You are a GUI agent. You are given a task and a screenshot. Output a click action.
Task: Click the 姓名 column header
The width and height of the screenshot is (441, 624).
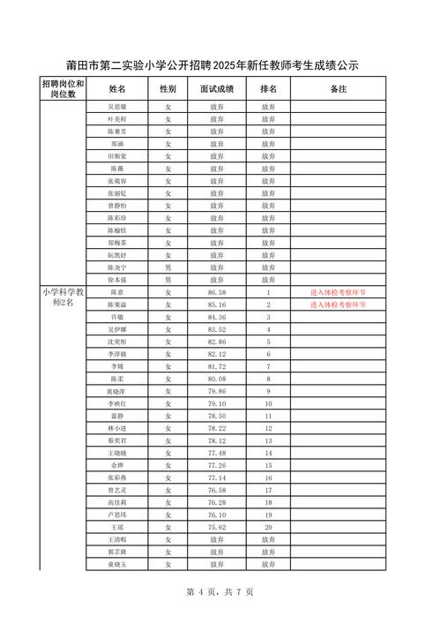point(117,89)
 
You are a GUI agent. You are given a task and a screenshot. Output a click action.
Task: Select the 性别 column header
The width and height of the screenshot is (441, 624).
point(168,89)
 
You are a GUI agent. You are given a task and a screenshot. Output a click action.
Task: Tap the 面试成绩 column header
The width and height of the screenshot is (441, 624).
point(217,89)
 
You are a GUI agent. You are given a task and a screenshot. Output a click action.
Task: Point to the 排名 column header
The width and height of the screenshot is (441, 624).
point(268,89)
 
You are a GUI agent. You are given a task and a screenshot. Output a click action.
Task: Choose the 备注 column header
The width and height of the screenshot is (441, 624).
point(339,89)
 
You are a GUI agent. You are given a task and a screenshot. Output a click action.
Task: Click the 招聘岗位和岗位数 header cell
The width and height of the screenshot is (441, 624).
point(62,89)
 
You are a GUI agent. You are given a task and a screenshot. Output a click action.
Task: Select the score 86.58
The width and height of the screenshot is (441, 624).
point(217,292)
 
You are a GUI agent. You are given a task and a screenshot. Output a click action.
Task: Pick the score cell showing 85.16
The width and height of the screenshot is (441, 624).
point(217,304)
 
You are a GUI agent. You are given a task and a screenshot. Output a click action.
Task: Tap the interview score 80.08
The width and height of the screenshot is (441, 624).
point(217,379)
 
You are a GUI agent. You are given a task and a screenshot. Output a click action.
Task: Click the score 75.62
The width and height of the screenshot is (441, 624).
point(217,526)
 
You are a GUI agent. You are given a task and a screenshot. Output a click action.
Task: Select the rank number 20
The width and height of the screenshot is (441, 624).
point(268,526)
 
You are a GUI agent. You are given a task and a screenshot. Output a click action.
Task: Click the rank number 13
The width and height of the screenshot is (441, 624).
point(268,440)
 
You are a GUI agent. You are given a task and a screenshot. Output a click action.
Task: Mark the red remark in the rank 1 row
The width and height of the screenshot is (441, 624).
point(339,292)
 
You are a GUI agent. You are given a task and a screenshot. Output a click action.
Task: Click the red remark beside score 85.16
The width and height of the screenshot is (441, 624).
point(339,304)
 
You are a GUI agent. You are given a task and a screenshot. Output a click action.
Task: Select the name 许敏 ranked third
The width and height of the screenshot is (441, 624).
point(117,317)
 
